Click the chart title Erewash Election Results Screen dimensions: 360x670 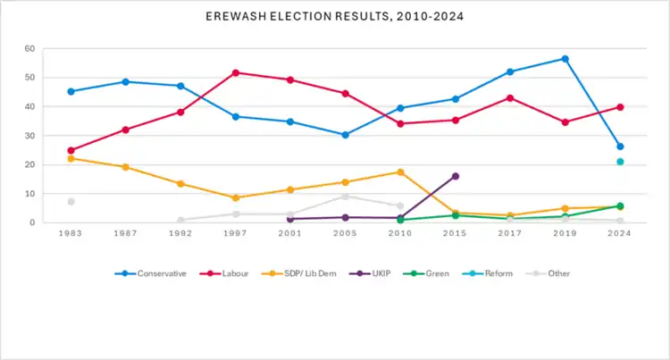point(334,17)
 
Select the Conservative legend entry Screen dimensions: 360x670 point(157,273)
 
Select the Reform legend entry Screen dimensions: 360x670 point(493,273)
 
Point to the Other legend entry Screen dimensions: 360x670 point(552,273)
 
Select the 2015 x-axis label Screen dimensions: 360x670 point(455,234)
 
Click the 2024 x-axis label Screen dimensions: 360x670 point(619,234)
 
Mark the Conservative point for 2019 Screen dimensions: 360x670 point(565,59)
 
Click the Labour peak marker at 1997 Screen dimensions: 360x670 point(235,72)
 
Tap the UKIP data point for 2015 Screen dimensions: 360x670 point(455,176)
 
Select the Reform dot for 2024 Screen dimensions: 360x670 point(619,162)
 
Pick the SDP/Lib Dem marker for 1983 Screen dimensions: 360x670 point(71,158)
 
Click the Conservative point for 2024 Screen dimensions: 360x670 point(619,147)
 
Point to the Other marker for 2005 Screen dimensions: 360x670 point(345,197)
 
